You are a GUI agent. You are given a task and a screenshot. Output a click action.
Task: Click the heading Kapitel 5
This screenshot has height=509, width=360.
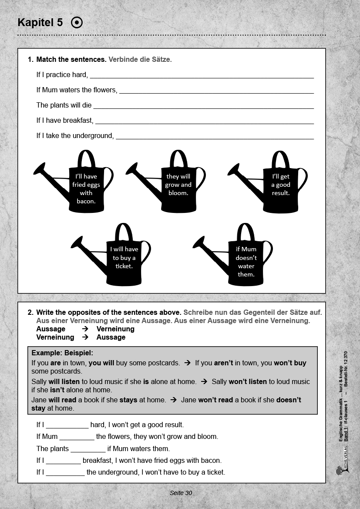[40, 23]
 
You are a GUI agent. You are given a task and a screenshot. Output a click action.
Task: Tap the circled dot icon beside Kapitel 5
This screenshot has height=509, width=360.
[77, 23]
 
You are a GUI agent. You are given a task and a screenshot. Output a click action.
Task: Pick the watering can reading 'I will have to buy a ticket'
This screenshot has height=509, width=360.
[124, 257]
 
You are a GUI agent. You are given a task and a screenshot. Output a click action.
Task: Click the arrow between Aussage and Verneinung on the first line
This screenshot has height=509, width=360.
[85, 329]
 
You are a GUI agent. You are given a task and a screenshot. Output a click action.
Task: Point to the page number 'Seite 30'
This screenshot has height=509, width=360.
[181, 493]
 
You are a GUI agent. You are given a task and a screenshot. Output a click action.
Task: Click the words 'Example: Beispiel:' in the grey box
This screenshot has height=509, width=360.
[62, 353]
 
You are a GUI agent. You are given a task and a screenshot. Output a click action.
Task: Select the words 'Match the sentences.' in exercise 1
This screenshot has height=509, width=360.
[71, 60]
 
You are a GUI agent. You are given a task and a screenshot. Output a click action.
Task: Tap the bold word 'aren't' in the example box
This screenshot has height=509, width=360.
[224, 363]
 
